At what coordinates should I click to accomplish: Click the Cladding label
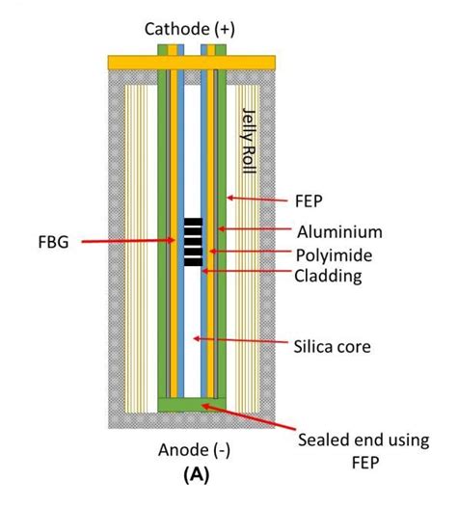[x=333, y=277]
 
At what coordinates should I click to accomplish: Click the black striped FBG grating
[x=196, y=241]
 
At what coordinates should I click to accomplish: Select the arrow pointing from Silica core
[x=242, y=341]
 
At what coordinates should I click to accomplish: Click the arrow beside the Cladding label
[x=247, y=275]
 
